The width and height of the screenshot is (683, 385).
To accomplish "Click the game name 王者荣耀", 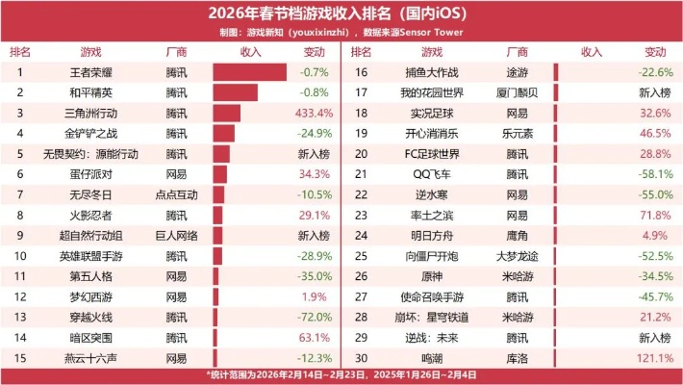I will point(91,72).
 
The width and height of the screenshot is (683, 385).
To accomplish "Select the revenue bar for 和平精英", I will point(235,93).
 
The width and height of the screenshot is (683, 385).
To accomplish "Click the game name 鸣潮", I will point(432,357).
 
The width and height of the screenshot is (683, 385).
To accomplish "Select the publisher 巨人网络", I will point(176,235).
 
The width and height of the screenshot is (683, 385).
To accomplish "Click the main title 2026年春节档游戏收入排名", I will point(341,13).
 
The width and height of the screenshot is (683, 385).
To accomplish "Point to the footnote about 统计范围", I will point(341,374).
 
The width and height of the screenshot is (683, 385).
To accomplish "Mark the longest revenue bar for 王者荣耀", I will point(249,72).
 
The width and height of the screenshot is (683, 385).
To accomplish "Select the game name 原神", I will point(432,276).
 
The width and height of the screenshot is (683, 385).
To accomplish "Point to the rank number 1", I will point(19,72).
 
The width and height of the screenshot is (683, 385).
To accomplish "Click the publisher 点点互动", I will point(176,194).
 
